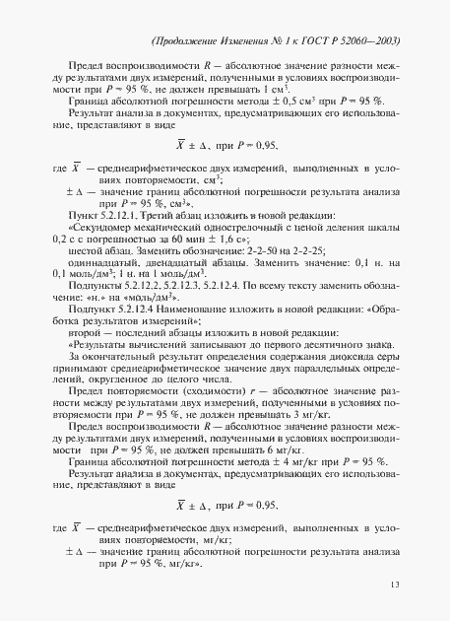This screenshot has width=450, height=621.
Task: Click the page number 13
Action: click(394, 586)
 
